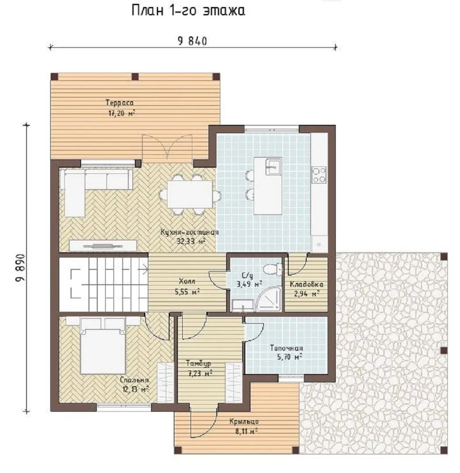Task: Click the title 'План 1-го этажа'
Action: coord(188,11)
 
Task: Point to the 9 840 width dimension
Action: coord(193,41)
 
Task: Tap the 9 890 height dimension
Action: coord(21,268)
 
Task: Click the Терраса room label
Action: coord(120,103)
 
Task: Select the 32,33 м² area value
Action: coord(191,241)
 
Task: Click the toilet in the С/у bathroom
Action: coord(272,268)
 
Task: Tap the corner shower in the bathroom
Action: coord(269,299)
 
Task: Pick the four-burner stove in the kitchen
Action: coord(319,175)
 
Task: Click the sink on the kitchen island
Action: coord(273,166)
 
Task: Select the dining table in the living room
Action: coord(190,194)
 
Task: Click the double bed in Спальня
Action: coord(103,346)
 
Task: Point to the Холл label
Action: coord(187,282)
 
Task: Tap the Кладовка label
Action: coord(306,285)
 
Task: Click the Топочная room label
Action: coord(286,348)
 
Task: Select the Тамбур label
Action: coord(198,363)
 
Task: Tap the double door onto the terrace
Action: coord(167,148)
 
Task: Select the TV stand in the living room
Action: coord(103,245)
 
